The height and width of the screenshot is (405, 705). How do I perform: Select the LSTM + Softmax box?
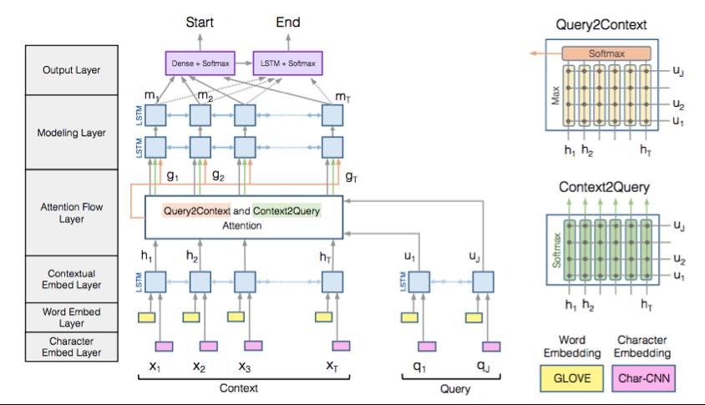pos(287,63)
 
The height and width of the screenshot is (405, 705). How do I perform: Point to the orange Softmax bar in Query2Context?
pos(606,53)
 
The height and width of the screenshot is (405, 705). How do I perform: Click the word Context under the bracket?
pos(238,388)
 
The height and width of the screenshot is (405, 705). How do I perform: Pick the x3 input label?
pos(245,366)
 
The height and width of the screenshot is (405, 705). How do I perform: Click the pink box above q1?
pos(428,346)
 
